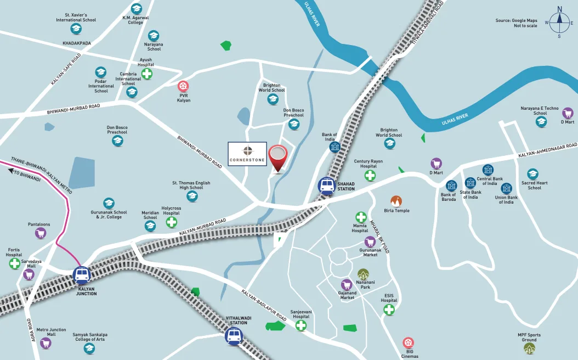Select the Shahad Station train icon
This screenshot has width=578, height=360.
click(327, 185)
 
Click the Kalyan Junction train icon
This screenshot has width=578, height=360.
click(82, 275)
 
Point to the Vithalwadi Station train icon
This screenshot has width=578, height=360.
click(234, 336)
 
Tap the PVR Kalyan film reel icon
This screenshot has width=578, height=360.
click(183, 86)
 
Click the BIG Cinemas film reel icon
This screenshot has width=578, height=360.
click(409, 342)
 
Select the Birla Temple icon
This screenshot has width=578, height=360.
click(396, 201)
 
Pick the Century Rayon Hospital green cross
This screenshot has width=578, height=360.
click(370, 176)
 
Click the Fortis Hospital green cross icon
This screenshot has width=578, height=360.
click(15, 264)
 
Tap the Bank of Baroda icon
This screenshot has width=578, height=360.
click(451, 185)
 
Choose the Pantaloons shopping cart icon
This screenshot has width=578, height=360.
click(40, 233)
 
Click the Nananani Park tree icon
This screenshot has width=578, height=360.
click(363, 274)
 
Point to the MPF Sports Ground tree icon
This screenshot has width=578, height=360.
click(529, 348)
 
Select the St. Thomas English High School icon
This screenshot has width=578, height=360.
click(192, 196)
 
